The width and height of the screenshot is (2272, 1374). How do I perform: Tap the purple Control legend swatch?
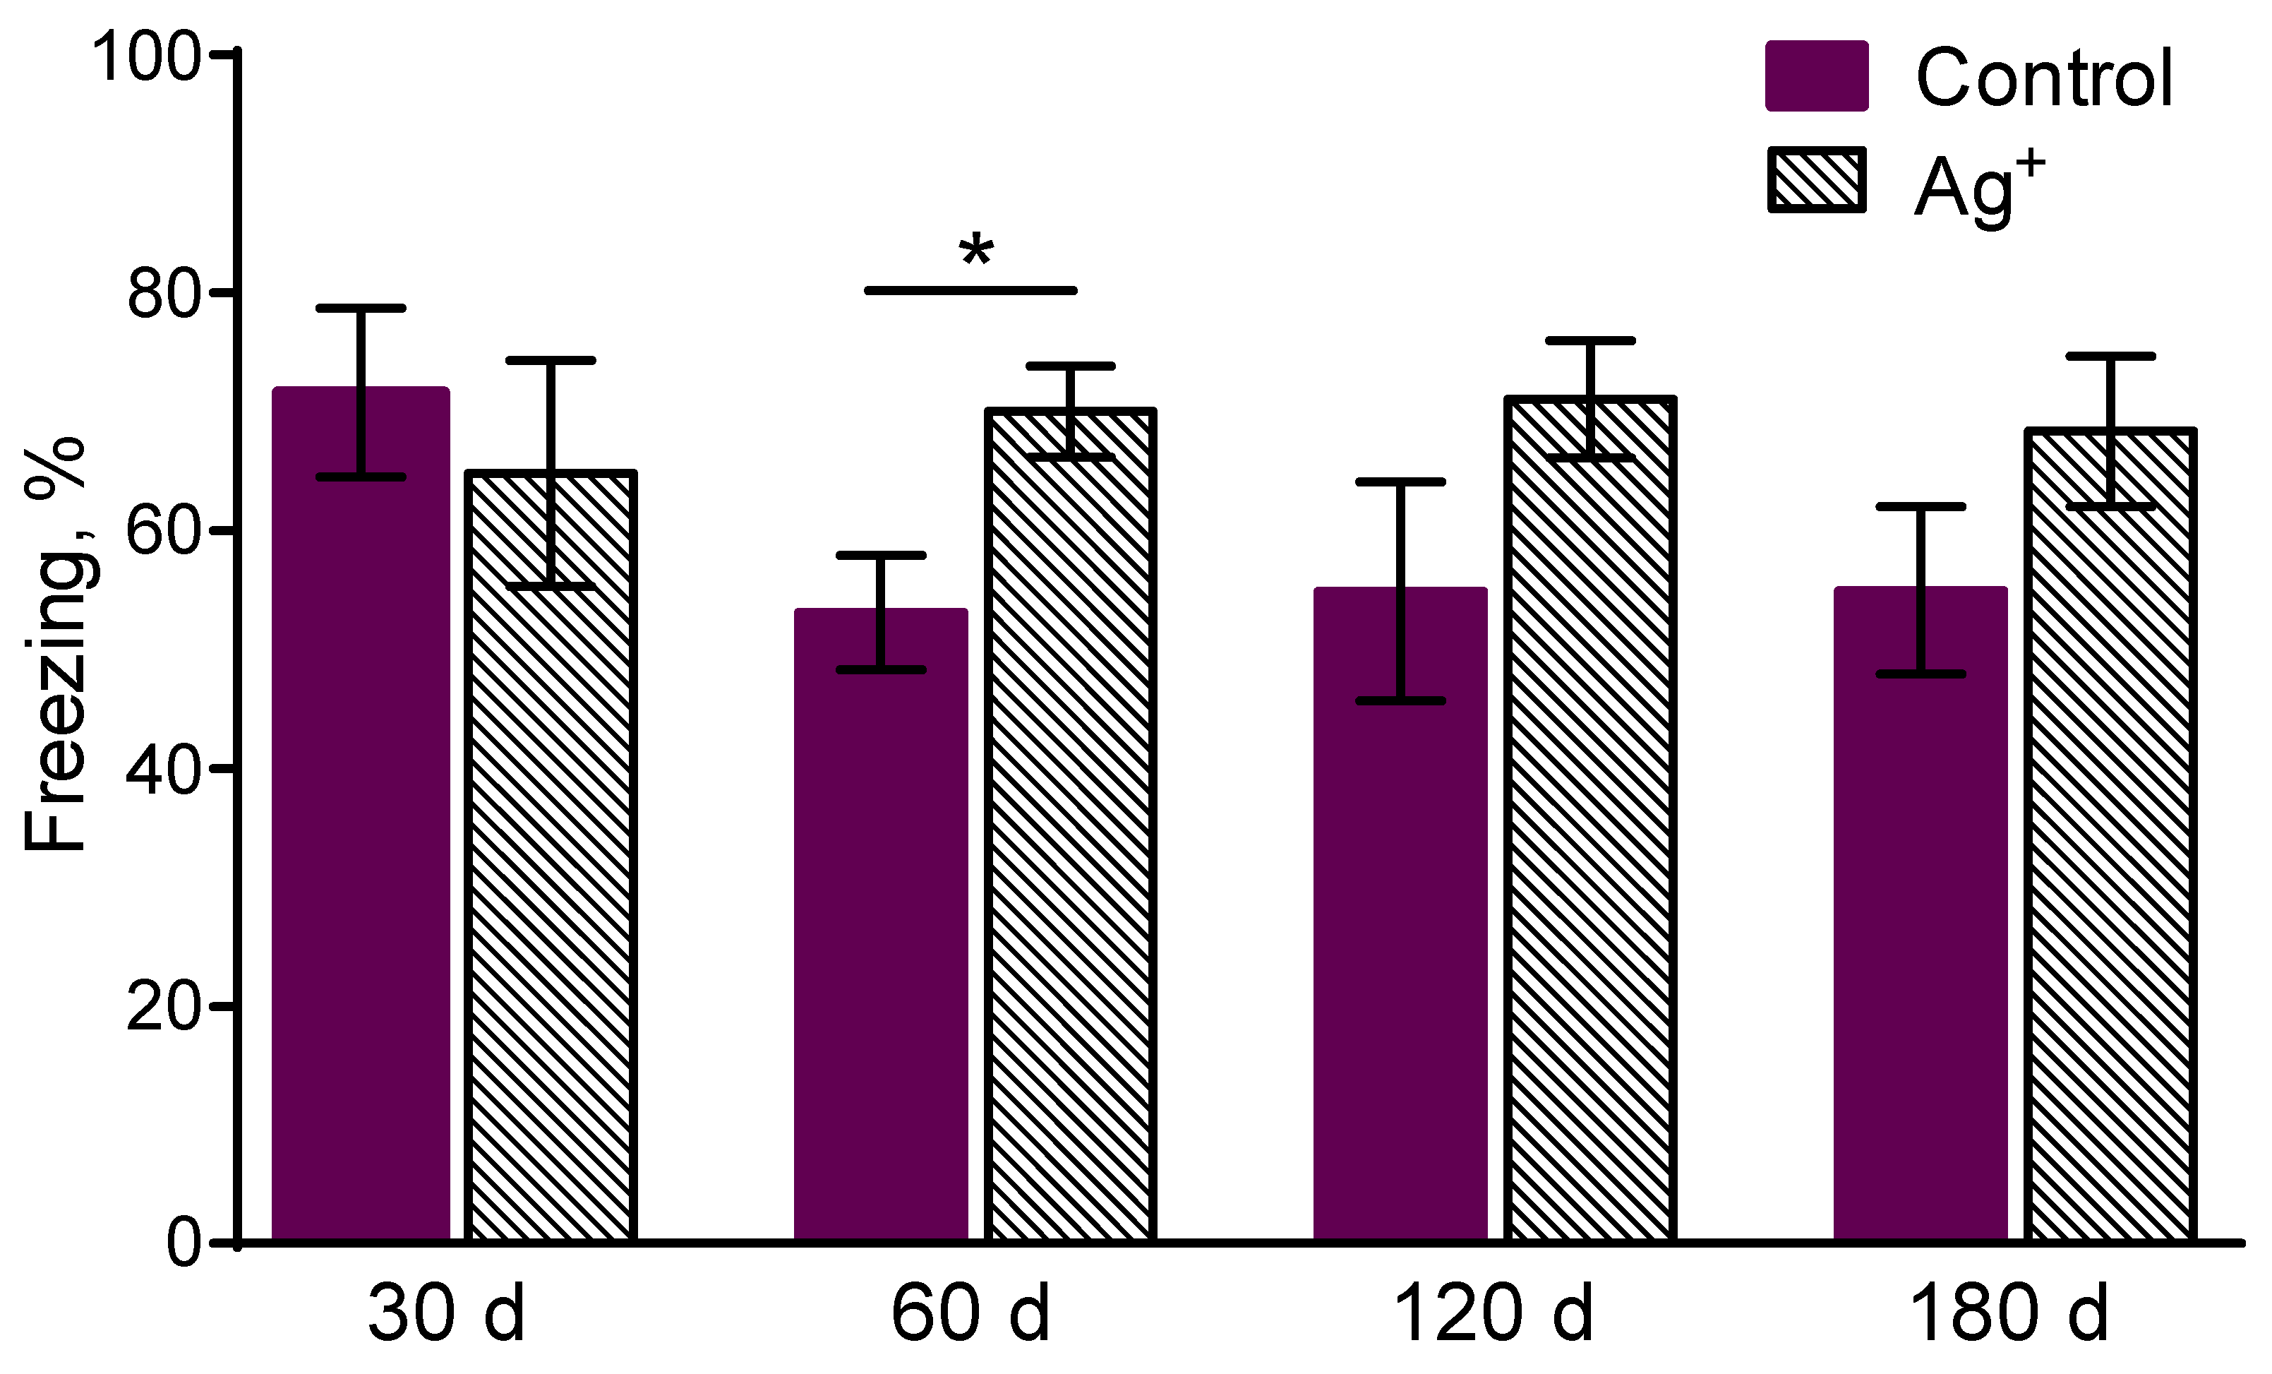click(x=1817, y=76)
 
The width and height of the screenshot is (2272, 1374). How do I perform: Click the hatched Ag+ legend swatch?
click(x=1817, y=180)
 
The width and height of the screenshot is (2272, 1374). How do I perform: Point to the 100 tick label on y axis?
click(x=148, y=57)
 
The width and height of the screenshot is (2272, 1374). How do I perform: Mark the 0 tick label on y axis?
click(x=184, y=1244)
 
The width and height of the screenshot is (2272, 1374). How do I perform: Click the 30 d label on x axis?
click(x=446, y=1315)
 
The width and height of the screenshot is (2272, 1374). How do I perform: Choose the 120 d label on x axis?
click(x=1493, y=1315)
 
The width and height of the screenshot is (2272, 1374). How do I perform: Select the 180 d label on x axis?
click(x=2010, y=1315)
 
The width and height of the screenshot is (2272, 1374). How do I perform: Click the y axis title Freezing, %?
click(x=55, y=645)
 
